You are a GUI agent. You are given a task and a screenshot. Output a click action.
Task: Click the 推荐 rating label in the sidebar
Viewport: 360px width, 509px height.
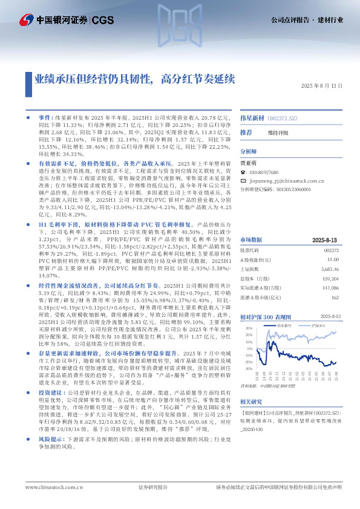click(246, 132)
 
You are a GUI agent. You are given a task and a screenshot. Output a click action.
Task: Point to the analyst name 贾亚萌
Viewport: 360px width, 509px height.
click(250, 163)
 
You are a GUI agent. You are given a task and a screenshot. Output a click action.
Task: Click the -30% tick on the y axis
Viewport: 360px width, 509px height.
click(249, 368)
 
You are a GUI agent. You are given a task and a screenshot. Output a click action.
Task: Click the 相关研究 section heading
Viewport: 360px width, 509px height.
click(252, 401)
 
